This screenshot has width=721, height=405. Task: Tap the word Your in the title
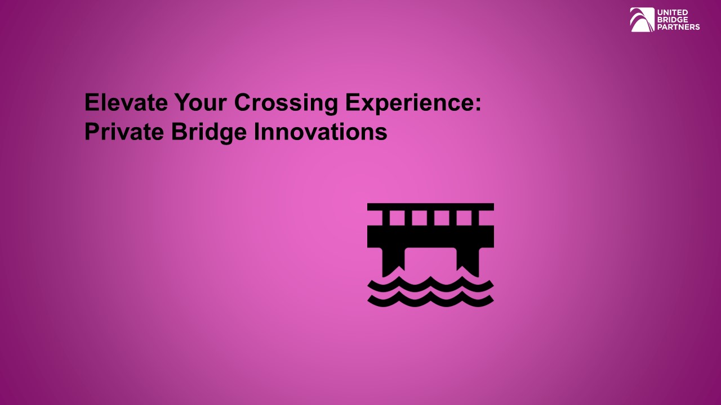click(x=200, y=103)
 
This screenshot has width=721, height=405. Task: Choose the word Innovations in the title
click(x=321, y=132)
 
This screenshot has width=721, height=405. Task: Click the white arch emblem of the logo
click(x=642, y=20)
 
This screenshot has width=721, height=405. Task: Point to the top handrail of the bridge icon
click(x=430, y=207)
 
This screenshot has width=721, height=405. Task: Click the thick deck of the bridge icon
click(x=430, y=236)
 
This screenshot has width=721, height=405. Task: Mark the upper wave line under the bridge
click(x=430, y=283)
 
